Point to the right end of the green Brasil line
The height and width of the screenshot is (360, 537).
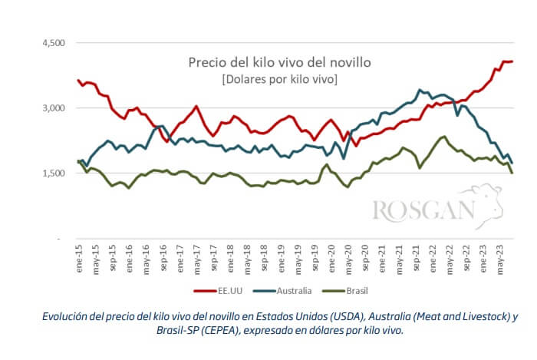pyautogui.click(x=512, y=173)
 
